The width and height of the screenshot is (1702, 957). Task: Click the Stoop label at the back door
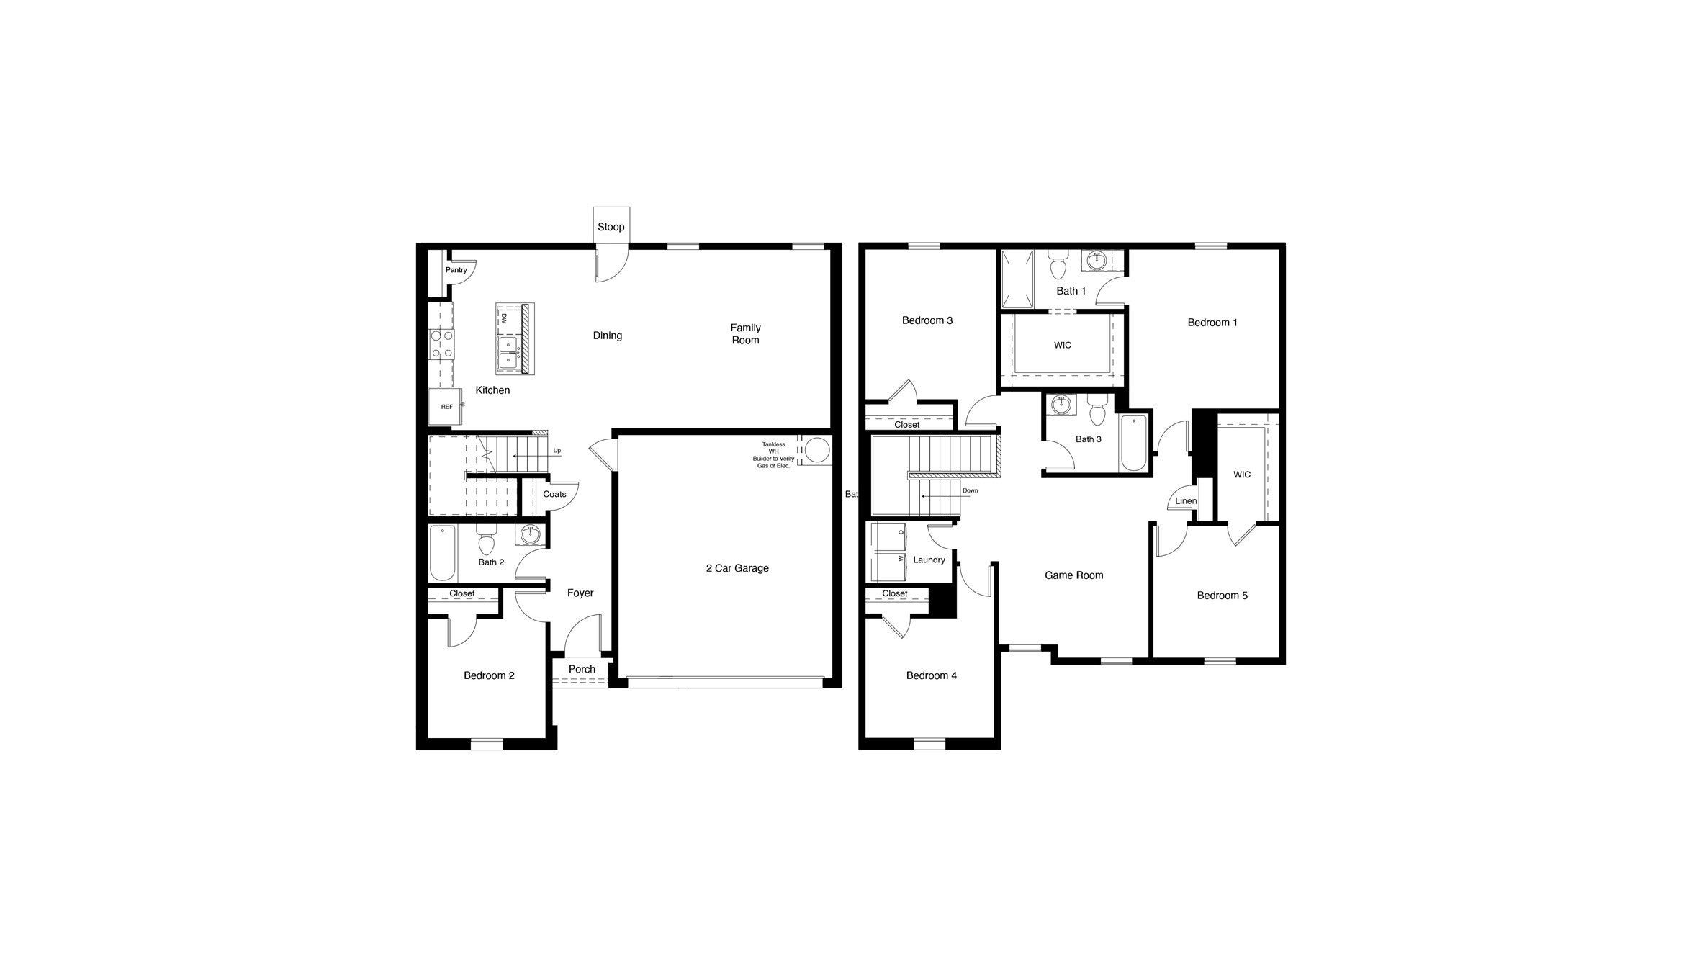click(x=611, y=227)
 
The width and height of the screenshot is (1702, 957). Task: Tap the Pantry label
click(x=456, y=270)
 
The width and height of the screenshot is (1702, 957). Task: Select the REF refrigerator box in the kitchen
click(x=446, y=407)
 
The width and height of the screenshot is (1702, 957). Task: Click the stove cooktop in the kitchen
click(x=441, y=344)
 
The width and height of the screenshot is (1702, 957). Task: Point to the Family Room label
click(x=745, y=334)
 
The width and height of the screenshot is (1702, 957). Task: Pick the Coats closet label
click(x=554, y=494)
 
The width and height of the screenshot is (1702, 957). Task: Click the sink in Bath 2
click(x=531, y=534)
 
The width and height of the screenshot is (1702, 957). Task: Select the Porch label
click(x=582, y=669)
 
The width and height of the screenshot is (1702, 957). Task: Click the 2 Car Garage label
click(x=737, y=568)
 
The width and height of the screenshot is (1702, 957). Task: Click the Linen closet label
click(x=1186, y=501)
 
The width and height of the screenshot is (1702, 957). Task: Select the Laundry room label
click(x=929, y=560)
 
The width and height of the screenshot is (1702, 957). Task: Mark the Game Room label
click(x=1073, y=575)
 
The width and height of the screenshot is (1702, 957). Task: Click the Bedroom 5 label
click(x=1222, y=596)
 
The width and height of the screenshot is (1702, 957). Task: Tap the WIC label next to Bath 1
click(x=1062, y=345)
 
